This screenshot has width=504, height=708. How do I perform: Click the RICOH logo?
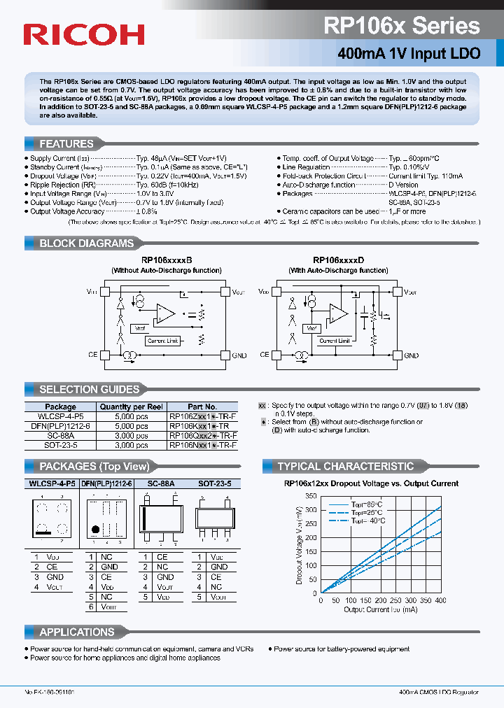[83, 34]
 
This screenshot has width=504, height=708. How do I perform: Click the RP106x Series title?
[402, 26]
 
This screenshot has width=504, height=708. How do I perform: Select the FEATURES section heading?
[66, 143]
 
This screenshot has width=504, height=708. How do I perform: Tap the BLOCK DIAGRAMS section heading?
[86, 243]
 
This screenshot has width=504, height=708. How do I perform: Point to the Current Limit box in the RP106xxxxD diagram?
[334, 341]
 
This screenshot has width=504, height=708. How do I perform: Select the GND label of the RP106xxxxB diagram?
[239, 355]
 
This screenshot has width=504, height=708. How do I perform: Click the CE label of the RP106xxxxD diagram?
[265, 355]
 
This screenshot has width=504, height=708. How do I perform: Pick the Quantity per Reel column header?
[132, 406]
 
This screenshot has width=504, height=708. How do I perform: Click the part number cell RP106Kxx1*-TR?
[203, 425]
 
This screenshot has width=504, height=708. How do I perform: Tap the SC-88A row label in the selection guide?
[61, 435]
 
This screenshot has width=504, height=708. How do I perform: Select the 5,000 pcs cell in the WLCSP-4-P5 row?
[132, 416]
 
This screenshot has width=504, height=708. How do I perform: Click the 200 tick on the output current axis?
[381, 600]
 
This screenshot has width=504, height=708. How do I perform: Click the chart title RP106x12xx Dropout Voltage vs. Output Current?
[371, 483]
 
